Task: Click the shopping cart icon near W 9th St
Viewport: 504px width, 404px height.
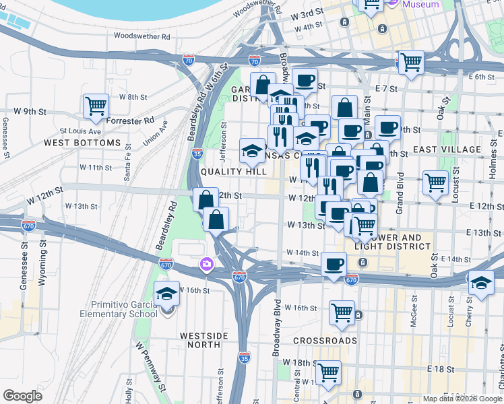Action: point(96,106)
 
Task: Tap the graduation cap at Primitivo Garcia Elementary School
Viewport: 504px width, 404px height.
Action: point(166,294)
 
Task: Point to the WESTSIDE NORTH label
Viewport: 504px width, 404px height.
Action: point(200,339)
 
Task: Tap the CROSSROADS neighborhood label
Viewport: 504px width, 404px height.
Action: point(325,341)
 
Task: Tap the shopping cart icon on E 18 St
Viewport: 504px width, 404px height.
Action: point(328,372)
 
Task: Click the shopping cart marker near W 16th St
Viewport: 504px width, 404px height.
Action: point(342,312)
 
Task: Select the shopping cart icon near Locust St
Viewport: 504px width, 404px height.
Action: point(435,181)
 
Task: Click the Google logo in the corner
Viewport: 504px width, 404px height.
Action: point(22,396)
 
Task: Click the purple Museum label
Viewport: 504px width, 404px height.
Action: point(420,5)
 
